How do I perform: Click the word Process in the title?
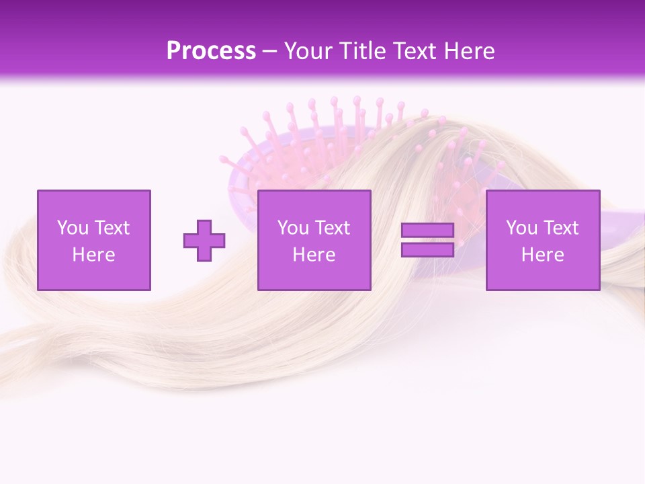pos(211,51)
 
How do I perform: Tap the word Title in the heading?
pos(362,51)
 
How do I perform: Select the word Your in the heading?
pos(310,51)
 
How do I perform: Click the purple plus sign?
pos(204,241)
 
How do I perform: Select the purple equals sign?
pos(427,240)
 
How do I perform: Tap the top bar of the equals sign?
pos(427,231)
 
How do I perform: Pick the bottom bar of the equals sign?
pos(427,249)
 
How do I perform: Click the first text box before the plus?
pos(94,240)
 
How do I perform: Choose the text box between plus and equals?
pos(314,240)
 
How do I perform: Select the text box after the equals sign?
pos(543,240)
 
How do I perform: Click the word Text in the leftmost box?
pos(112,228)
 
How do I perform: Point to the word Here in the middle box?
pos(314,254)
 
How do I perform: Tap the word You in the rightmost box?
pos(522,228)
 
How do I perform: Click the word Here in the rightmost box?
pos(543,254)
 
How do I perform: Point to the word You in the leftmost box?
pos(73,228)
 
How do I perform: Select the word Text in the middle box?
pos(333,228)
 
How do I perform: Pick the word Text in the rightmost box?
pos(561,228)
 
